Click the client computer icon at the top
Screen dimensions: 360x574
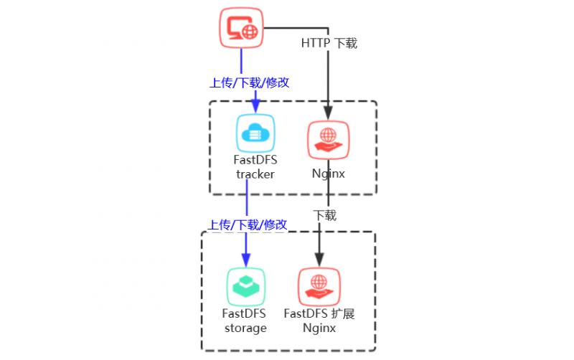[240, 29]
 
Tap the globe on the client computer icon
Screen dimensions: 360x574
[249, 32]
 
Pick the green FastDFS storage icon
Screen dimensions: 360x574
[246, 286]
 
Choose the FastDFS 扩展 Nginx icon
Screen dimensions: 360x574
[319, 286]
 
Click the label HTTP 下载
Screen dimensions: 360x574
[329, 44]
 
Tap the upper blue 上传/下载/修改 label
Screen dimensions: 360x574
[249, 82]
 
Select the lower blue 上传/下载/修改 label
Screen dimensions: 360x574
[248, 225]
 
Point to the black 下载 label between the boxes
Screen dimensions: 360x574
[324, 215]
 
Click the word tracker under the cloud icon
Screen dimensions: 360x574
[255, 174]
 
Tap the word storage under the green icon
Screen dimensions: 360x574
[245, 328]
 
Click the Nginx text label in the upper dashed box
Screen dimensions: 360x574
[328, 174]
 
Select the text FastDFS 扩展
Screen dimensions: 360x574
[319, 314]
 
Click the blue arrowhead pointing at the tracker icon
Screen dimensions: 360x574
[255, 107]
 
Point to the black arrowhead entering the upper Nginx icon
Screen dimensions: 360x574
[328, 113]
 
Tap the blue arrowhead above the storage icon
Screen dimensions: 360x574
[246, 260]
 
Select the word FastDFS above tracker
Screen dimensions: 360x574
[255, 161]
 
